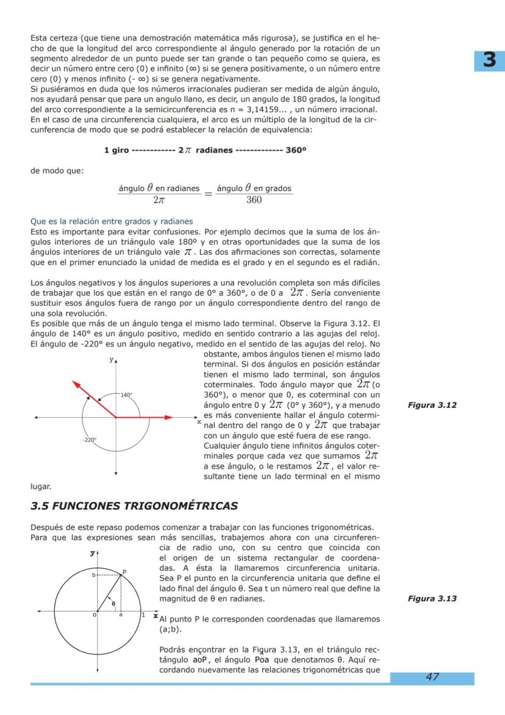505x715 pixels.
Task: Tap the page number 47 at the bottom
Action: click(432, 677)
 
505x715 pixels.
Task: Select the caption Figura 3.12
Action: click(432, 405)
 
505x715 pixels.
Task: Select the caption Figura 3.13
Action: click(432, 598)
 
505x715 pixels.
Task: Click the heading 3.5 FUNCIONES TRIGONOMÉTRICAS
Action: click(134, 506)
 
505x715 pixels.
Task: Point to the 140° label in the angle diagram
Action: click(126, 395)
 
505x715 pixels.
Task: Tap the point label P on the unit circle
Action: click(124, 572)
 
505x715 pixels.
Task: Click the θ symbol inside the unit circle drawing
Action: click(113, 603)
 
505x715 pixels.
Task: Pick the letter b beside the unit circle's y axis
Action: click(93, 575)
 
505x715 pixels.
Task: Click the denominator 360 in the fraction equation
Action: click(254, 200)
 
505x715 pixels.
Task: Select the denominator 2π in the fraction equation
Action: click(159, 200)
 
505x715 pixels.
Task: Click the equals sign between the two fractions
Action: click(208, 194)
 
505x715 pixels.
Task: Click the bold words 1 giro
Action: click(116, 151)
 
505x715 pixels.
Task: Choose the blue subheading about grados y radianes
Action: click(112, 221)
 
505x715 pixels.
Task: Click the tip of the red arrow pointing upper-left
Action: click(73, 382)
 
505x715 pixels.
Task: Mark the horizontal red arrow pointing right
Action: click(152, 417)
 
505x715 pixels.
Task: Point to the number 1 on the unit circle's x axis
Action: click(143, 614)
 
